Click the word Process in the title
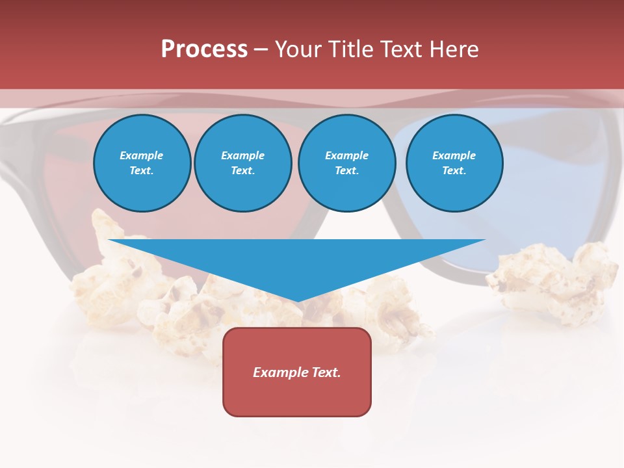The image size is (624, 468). (204, 49)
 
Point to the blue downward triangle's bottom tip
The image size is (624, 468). (297, 300)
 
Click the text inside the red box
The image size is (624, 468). (297, 372)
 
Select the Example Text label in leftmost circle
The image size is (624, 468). (142, 163)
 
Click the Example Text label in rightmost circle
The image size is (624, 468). (454, 163)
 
